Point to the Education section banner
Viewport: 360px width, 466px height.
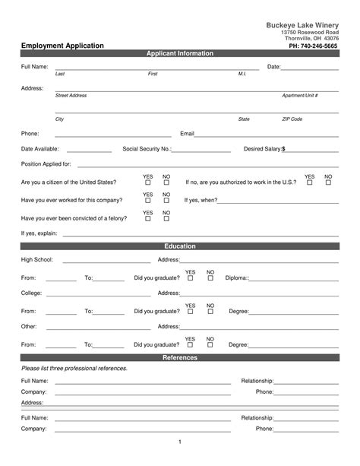pos(180,246)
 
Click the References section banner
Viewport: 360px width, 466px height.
pos(180,357)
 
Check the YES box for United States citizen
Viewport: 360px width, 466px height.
pos(148,183)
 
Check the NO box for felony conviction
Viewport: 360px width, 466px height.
pos(166,219)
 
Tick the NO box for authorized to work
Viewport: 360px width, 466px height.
pos(328,183)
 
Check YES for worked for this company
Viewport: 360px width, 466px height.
pos(148,201)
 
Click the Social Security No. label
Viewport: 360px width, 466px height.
pos(147,149)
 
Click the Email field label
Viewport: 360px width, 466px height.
pos(187,134)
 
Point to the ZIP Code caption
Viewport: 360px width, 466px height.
pos(292,119)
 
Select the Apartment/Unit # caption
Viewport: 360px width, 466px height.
pos(299,96)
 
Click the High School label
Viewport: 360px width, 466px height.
pos(37,260)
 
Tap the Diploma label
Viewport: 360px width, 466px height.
pos(237,278)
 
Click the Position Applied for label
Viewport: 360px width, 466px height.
pos(46,164)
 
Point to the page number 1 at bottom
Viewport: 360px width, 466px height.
pos(180,442)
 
